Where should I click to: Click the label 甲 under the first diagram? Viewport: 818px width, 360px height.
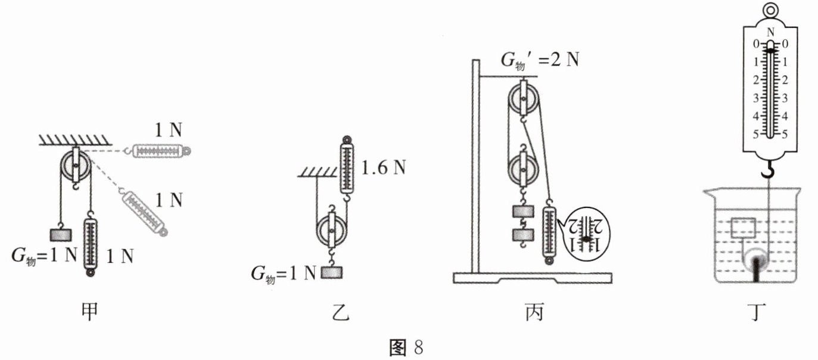89,312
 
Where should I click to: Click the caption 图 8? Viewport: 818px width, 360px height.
408,347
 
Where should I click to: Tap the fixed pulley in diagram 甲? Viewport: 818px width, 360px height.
76,165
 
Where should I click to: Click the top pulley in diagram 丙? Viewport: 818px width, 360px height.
523,98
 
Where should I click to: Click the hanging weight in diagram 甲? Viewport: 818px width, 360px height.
61,234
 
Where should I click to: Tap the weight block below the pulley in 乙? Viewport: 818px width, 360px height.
332,273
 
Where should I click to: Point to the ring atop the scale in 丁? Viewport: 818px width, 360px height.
771,10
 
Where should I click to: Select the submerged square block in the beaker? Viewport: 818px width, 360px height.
743,228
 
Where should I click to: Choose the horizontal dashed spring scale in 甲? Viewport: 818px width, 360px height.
158,151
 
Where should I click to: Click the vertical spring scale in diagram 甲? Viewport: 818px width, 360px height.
91,245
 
